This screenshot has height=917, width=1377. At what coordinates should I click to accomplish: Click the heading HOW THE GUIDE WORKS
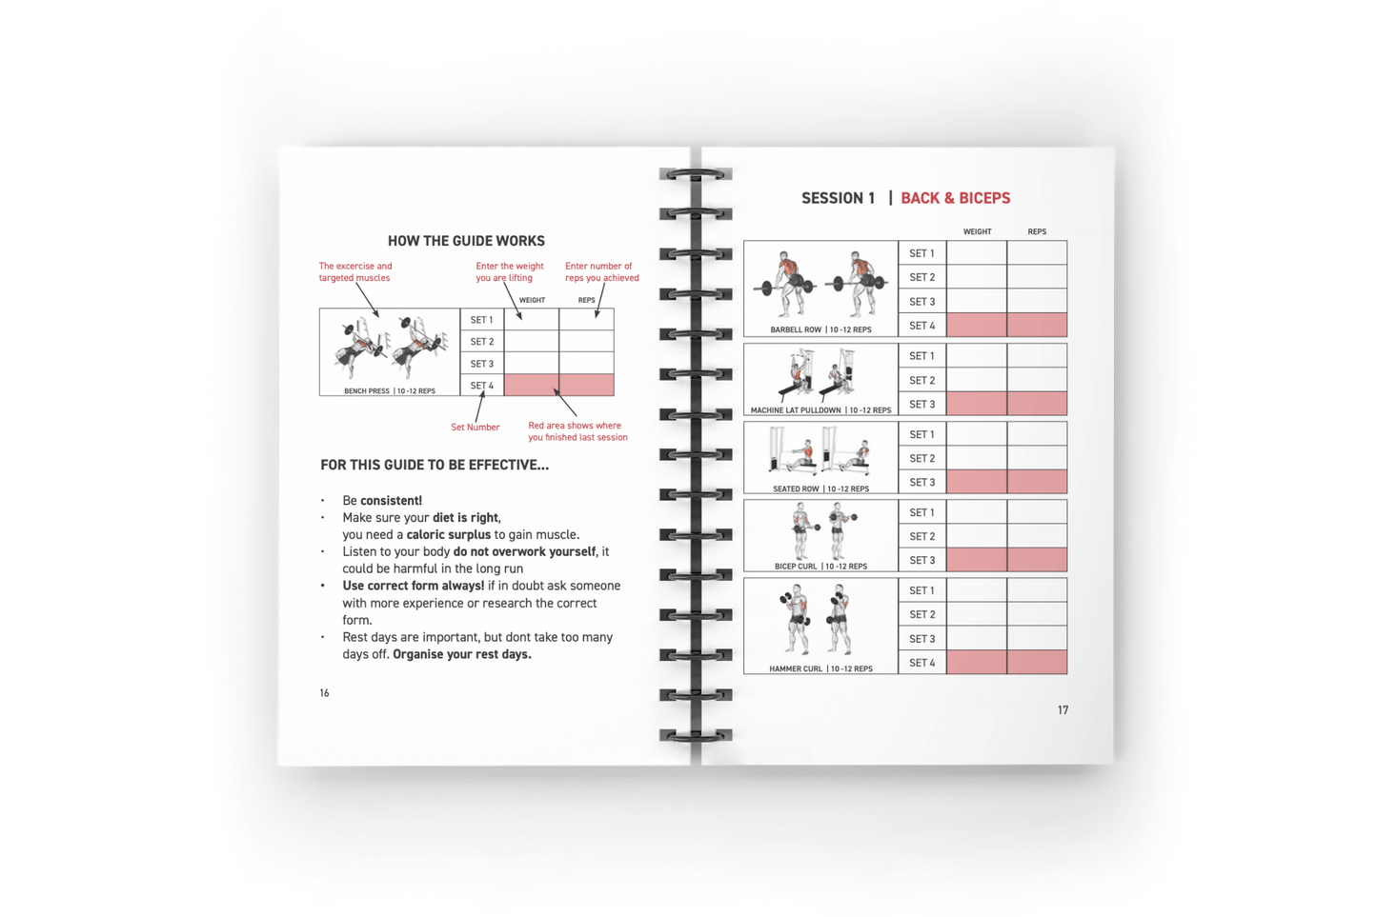466,241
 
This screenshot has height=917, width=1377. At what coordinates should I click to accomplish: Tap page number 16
324,693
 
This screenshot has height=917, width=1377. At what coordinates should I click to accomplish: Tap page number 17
1063,710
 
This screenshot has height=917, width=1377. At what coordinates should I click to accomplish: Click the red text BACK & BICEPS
955,198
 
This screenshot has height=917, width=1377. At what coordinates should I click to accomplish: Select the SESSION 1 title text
838,198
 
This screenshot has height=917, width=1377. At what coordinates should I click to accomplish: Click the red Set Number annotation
475,428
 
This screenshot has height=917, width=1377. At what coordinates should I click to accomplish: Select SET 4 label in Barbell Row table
921,326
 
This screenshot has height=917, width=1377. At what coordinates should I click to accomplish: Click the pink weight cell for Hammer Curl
976,663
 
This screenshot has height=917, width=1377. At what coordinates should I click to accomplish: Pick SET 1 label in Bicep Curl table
921,512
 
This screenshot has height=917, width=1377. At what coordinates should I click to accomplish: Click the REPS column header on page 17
1037,231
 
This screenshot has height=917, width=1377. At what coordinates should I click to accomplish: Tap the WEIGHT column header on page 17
977,231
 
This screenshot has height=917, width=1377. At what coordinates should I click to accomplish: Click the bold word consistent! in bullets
391,501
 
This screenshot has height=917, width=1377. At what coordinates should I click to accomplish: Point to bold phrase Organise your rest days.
462,654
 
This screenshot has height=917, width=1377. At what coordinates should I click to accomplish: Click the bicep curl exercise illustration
820,531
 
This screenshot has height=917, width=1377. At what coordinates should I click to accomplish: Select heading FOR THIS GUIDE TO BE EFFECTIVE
434,466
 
